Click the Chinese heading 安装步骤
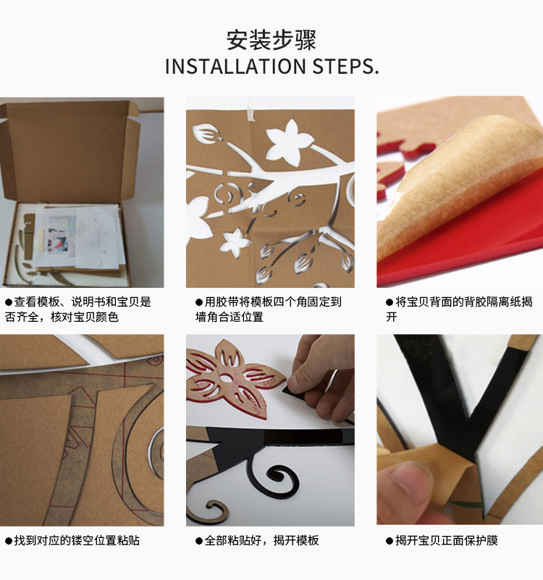coord(271,40)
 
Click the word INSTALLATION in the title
coord(235,67)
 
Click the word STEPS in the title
coord(342,67)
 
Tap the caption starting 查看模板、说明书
coord(77,310)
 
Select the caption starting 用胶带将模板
coord(268,310)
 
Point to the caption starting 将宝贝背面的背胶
coord(459,310)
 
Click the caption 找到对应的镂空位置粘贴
coord(72,540)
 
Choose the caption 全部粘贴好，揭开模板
coord(257,540)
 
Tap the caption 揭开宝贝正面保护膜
coord(442,540)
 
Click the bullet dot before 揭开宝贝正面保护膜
coord(390,541)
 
